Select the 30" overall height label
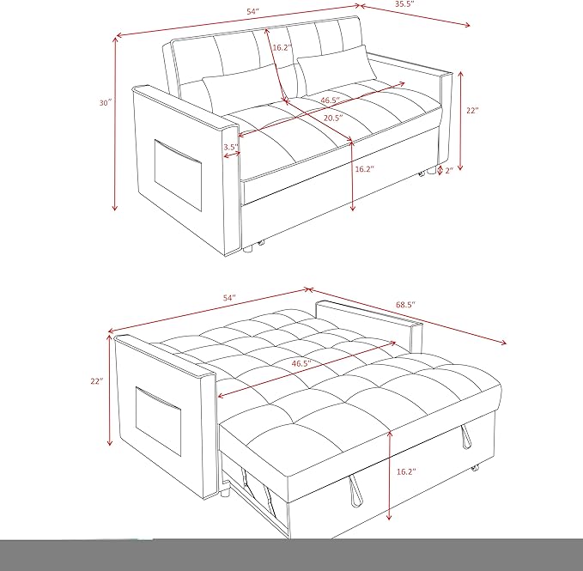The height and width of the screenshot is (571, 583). tap(104, 103)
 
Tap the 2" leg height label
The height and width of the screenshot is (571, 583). tap(449, 171)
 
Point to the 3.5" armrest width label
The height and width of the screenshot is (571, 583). tap(231, 148)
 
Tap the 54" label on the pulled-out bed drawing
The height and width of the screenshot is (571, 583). tap(229, 297)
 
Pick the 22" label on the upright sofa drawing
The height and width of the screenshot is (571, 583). tap(472, 111)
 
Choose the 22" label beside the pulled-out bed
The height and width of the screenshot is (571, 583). tap(95, 380)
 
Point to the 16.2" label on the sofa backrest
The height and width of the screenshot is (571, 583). tap(282, 49)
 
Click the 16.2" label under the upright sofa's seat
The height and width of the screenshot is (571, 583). tap(364, 170)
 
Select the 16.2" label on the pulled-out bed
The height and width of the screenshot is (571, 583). tap(407, 472)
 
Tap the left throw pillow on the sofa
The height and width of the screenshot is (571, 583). tap(233, 88)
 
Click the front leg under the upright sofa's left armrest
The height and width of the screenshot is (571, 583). tap(248, 250)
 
